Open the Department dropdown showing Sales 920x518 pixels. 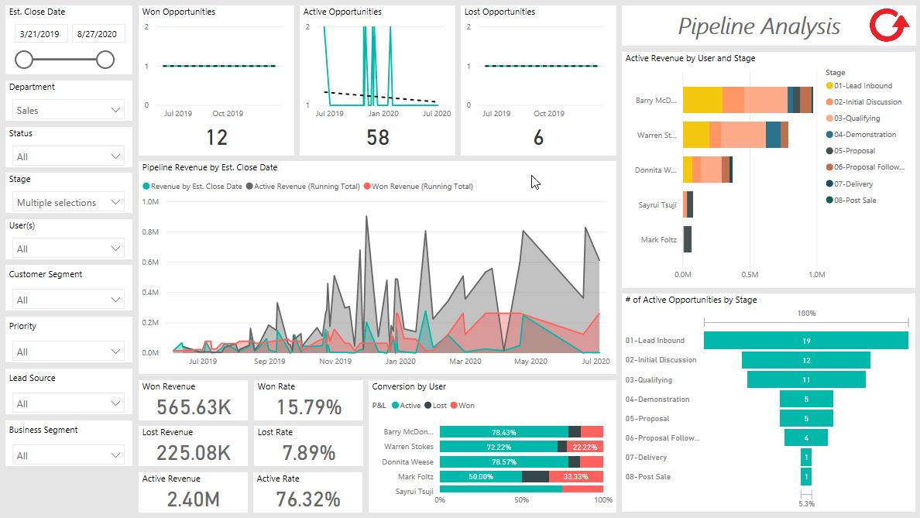click(69, 110)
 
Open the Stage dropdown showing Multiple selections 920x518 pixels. click(69, 202)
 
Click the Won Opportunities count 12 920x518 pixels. click(217, 138)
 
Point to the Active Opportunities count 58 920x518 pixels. click(378, 138)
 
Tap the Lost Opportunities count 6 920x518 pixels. click(538, 138)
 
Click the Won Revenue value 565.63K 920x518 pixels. click(194, 407)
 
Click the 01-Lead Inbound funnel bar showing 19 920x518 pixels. click(805, 341)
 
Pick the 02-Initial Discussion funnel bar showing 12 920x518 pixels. click(805, 360)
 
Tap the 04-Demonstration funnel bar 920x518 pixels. click(805, 399)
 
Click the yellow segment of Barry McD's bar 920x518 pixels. click(702, 101)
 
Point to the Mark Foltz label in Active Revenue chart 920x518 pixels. click(658, 240)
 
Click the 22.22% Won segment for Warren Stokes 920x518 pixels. click(585, 447)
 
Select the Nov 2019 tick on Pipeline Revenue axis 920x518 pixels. click(335, 361)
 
